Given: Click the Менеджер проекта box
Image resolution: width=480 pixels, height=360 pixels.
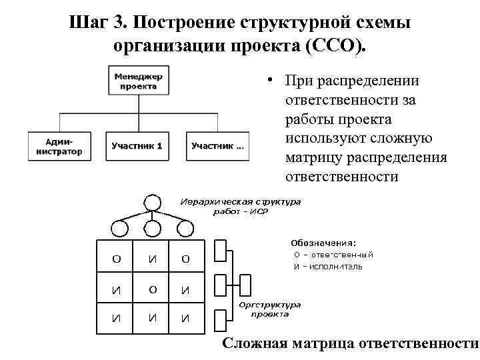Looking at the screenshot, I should point(139,80).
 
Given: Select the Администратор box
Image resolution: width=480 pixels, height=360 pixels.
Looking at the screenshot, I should point(55,146).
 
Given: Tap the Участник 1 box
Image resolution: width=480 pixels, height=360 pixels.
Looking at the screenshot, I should point(137,146).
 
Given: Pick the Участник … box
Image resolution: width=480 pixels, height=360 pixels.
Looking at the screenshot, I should point(218,146).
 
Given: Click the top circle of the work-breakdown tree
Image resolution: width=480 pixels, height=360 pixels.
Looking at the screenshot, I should point(153,202).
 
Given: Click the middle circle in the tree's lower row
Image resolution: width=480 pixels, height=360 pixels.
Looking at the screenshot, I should point(153,229).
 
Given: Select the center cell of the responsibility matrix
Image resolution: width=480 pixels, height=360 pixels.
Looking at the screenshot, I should point(153,289).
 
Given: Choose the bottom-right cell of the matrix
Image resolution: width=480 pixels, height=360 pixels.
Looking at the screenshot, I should point(185,318).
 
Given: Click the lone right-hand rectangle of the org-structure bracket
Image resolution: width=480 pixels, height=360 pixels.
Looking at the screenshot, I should point(245,285).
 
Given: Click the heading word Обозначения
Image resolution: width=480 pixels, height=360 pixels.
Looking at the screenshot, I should point(323,243).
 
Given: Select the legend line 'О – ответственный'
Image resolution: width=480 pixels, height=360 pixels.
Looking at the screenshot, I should point(333,255).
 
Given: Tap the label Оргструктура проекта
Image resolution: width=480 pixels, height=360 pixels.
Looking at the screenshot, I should point(270,309).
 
